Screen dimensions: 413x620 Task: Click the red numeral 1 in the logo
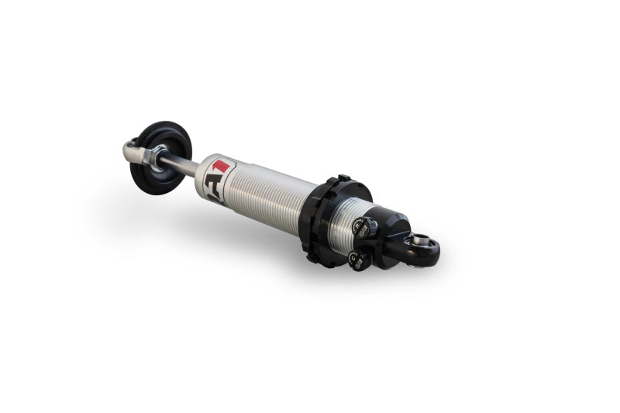point(222,166)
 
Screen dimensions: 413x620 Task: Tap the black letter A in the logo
point(212,185)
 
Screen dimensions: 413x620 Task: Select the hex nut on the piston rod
point(157,159)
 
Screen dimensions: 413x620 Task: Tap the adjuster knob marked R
point(362,227)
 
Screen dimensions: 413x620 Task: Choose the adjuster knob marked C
point(357,260)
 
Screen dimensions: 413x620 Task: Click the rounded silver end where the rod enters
point(202,172)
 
